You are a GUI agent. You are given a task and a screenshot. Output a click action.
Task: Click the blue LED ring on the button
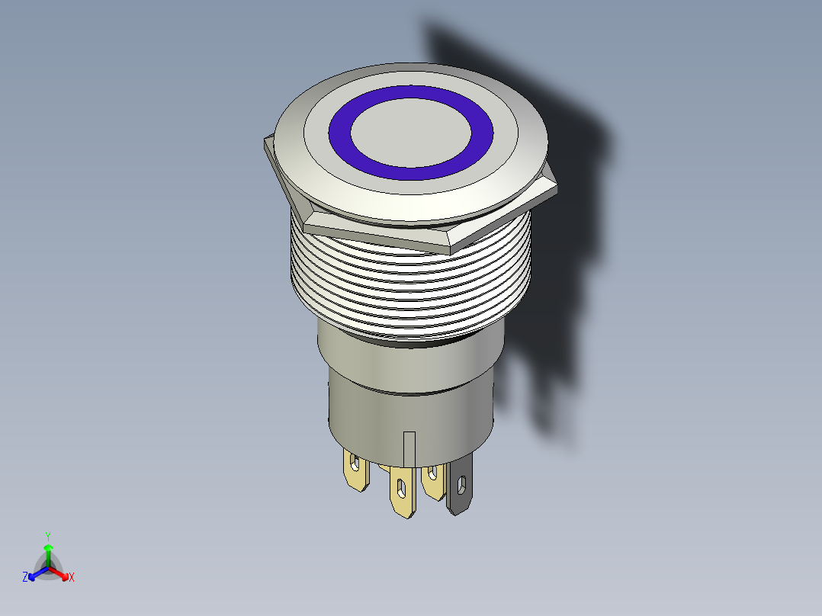(x=341, y=134)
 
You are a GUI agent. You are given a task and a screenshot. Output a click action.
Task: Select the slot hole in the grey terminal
(x=461, y=483)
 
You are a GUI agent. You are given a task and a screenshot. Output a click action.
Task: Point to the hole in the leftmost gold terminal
(x=355, y=460)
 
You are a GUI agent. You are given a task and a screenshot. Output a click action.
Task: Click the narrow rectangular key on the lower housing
(x=409, y=448)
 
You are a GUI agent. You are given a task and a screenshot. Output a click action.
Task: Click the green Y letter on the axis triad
(x=47, y=535)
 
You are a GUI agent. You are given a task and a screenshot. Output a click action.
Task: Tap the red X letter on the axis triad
(x=72, y=578)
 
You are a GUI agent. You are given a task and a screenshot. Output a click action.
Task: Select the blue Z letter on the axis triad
(x=25, y=577)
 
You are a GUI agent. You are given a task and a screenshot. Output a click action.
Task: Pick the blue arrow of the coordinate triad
(x=34, y=574)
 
